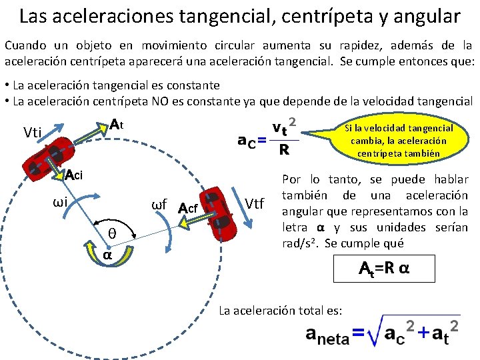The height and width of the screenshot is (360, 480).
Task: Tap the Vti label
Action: (34, 132)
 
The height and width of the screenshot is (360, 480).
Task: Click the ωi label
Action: (63, 202)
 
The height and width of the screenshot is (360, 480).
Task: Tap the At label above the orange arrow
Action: (117, 125)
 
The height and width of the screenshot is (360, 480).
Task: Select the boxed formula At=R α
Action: (383, 270)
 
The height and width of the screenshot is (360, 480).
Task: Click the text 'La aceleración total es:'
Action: (281, 311)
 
